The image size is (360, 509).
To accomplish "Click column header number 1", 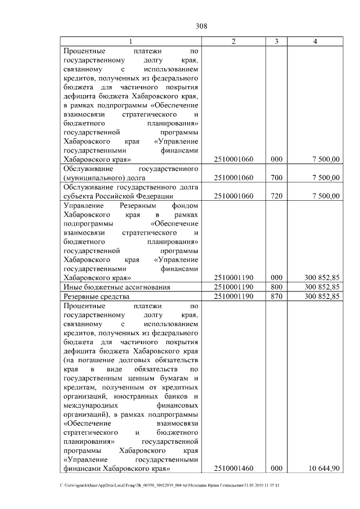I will pos(131,42).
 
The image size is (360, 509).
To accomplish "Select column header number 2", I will pos(233,42).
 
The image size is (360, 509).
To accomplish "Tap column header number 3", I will pos(276,42).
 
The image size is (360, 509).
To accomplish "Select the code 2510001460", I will pos(234,468).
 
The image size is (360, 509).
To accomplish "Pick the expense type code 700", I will pos(276,178).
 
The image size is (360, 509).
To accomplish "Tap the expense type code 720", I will pos(276,196).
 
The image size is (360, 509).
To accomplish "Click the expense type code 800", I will pos(276,287).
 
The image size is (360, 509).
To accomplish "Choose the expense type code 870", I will pos(276,296).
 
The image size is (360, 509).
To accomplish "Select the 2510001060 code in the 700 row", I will pos(234,178).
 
